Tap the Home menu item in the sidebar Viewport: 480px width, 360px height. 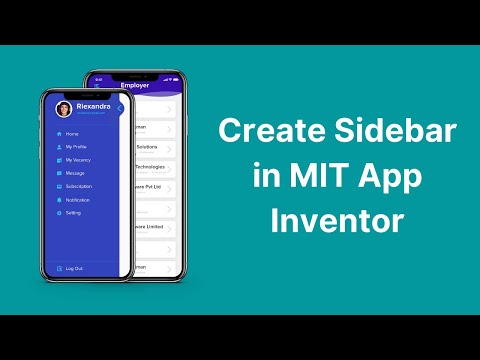pos(72,133)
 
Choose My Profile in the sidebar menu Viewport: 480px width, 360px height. pos(77,146)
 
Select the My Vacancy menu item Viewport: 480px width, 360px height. pos(78,160)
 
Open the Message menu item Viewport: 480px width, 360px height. pos(76,173)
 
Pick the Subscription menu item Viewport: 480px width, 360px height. pos(79,186)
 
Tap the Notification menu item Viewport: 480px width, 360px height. pos(79,199)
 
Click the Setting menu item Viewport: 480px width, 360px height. pos(74,213)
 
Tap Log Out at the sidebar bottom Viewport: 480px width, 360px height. pos(74,268)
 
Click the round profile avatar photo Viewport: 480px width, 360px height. pos(63,109)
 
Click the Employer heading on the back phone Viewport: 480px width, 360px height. pos(135,86)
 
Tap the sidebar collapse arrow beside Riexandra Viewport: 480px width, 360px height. pos(120,108)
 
